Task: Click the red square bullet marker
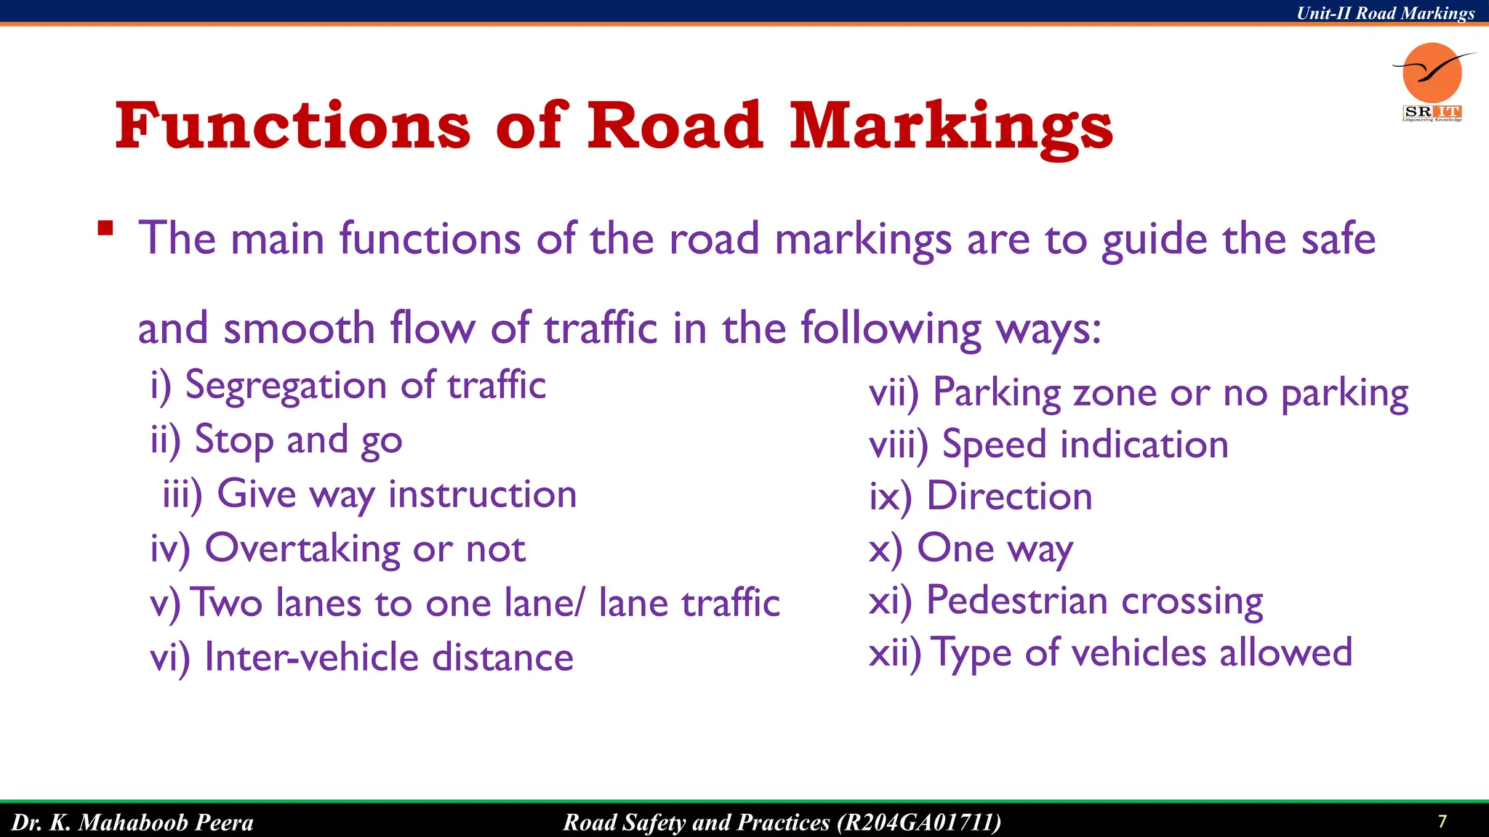(x=106, y=228)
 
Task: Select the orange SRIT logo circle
(x=1432, y=72)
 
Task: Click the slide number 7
(x=1442, y=822)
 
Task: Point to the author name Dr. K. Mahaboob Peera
(x=132, y=822)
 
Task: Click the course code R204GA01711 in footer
(x=918, y=822)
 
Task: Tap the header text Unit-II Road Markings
(x=1385, y=13)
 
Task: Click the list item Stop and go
(x=298, y=440)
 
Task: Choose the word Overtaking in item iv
(x=302, y=549)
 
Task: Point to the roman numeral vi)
(x=169, y=658)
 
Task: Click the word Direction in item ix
(x=1009, y=497)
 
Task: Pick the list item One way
(x=994, y=549)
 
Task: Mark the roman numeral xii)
(x=894, y=653)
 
